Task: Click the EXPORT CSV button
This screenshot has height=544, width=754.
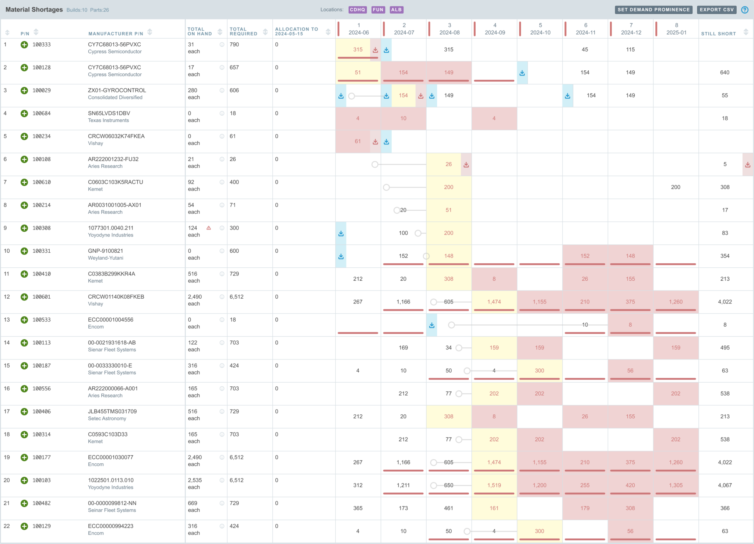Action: (x=716, y=10)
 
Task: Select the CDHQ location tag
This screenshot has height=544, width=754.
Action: (x=357, y=10)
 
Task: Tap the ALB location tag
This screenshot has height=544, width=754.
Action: (x=396, y=10)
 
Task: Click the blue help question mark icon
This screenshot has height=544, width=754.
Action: (x=745, y=10)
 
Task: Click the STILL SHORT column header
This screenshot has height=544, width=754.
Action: (x=718, y=34)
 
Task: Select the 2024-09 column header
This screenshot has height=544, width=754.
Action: (x=495, y=29)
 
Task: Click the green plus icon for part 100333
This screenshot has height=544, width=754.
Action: (x=24, y=45)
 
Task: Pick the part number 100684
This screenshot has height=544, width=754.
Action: (x=42, y=113)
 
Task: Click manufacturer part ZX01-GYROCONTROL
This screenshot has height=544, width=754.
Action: (x=117, y=90)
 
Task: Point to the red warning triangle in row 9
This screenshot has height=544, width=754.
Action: (x=209, y=228)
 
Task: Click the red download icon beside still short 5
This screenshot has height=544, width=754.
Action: (x=747, y=165)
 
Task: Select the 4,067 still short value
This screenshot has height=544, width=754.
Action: (x=725, y=485)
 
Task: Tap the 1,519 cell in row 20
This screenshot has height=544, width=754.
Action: (x=494, y=485)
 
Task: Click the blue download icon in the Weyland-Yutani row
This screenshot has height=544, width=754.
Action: (x=341, y=256)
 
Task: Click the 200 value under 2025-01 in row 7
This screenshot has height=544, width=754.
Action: (x=676, y=187)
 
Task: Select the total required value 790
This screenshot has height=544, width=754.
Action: (x=234, y=45)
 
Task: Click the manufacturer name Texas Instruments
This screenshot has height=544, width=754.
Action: (x=108, y=120)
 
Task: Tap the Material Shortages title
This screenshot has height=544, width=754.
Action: (x=34, y=10)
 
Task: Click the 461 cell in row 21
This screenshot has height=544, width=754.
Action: (x=448, y=508)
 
